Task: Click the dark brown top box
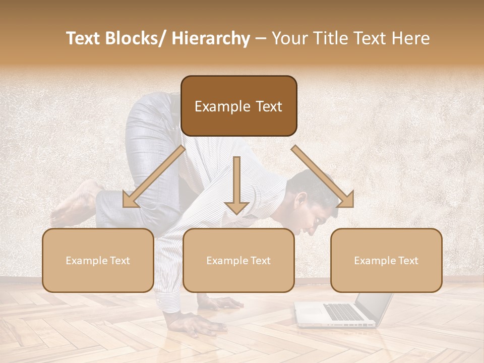238,106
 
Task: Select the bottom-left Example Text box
98,260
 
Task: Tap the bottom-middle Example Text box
238,260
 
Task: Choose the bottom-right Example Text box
386,260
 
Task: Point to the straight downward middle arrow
236,187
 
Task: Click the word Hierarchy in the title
211,38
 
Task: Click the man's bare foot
76,204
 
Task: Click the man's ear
301,201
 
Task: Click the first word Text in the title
84,38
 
